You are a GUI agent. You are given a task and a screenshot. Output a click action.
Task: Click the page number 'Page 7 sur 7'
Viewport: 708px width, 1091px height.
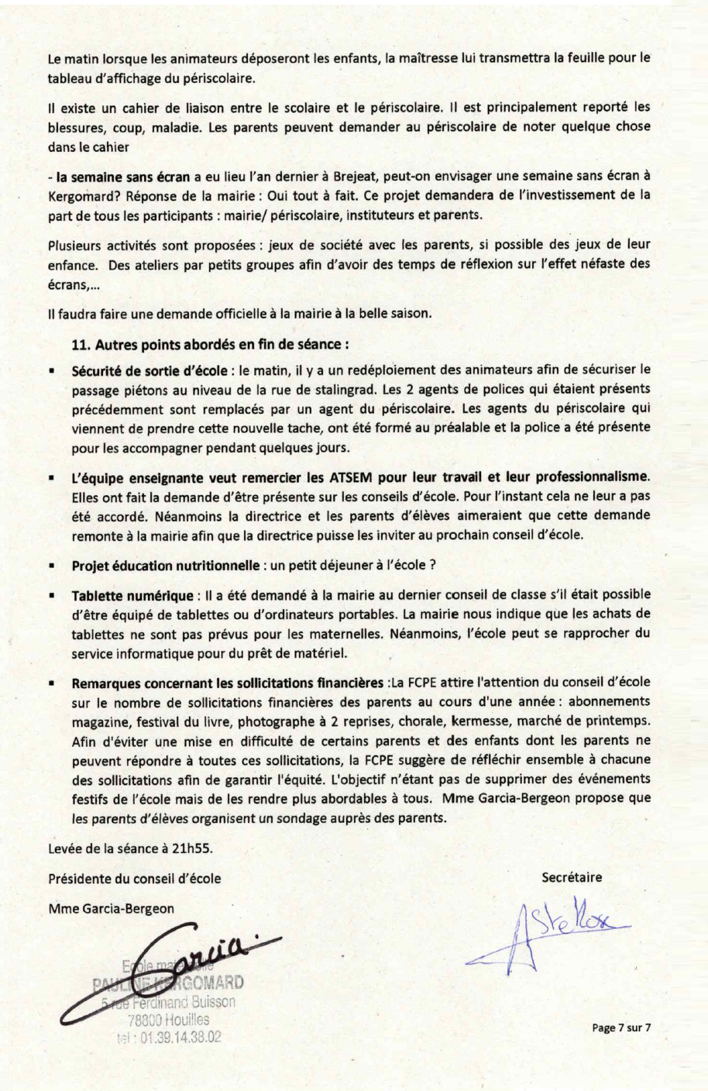pyautogui.click(x=621, y=1027)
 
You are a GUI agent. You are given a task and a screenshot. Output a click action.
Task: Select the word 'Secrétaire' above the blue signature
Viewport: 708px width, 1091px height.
pyautogui.click(x=572, y=877)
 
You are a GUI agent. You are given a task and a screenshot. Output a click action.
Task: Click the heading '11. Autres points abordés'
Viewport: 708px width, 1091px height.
pyautogui.click(x=209, y=343)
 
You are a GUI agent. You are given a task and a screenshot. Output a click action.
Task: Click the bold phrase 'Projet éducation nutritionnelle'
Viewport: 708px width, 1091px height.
pyautogui.click(x=167, y=566)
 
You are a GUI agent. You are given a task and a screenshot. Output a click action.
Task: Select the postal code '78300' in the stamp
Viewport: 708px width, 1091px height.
pyautogui.click(x=144, y=1020)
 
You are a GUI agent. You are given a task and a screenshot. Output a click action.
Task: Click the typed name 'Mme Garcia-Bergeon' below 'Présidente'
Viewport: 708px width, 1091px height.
pyautogui.click(x=111, y=908)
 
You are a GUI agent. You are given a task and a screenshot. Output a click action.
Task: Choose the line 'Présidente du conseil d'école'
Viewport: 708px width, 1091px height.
pyautogui.click(x=134, y=878)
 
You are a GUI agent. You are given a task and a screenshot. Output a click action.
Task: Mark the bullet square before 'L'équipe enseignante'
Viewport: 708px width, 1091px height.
pyautogui.click(x=51, y=479)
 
